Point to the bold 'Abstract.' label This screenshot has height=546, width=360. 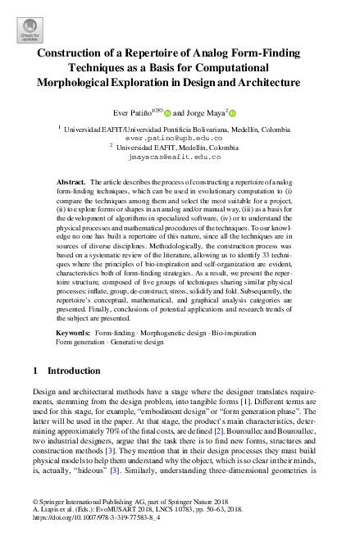tap(71, 181)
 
